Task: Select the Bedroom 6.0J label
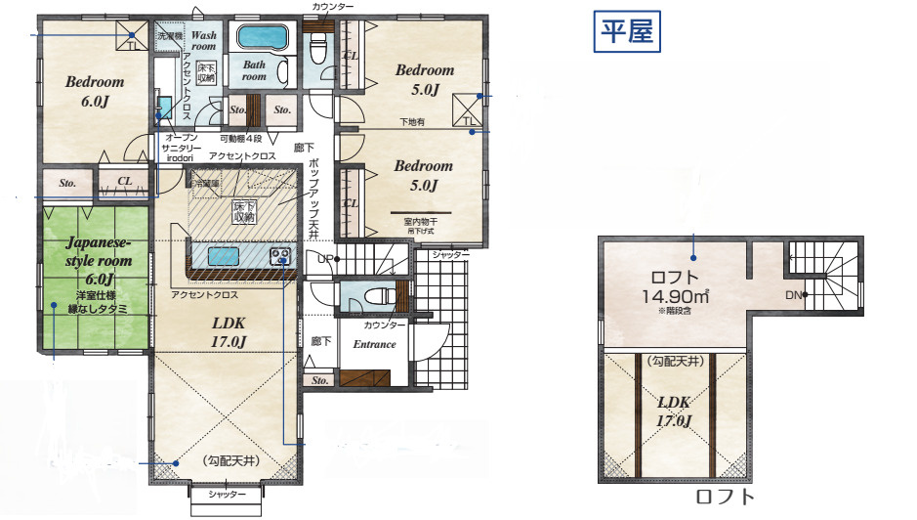tap(95, 91)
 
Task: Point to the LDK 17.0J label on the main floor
tap(229, 331)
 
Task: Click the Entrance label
tap(374, 344)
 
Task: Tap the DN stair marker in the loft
tap(795, 294)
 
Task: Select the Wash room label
tap(203, 40)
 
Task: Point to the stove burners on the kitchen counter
tap(280, 256)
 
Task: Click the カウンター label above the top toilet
tap(333, 7)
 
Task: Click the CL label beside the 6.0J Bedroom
tap(125, 182)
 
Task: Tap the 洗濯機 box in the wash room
tap(170, 35)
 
